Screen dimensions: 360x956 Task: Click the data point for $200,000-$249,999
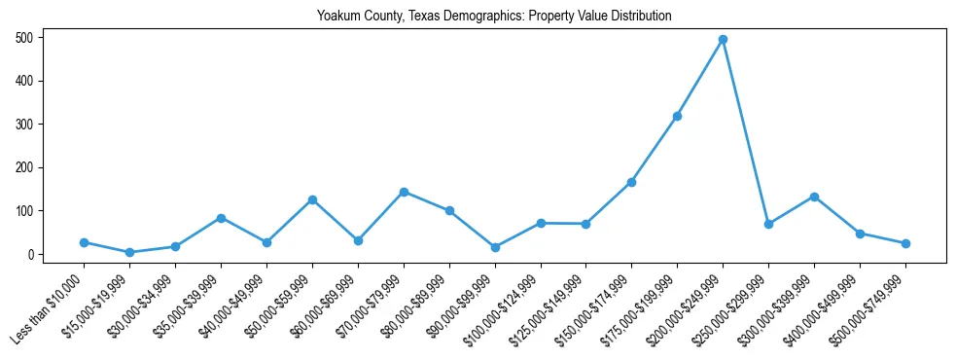(723, 40)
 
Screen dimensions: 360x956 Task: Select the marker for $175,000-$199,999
(677, 116)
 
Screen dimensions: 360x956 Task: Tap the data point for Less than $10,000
(84, 242)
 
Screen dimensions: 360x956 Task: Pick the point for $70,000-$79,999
(404, 192)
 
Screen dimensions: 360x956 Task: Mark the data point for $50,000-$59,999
(312, 199)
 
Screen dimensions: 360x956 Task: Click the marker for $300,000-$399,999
(814, 197)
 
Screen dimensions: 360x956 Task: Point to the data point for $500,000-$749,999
(905, 243)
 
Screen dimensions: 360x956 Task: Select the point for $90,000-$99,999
(495, 247)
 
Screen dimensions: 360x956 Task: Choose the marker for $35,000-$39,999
(221, 218)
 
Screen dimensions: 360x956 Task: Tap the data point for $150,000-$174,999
(631, 182)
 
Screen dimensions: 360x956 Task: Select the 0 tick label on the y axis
(32, 255)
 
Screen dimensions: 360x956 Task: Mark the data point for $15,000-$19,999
(129, 252)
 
